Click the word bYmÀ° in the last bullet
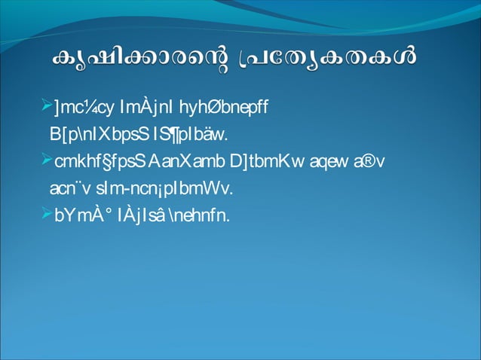point(81,215)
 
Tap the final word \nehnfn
point(205,215)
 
